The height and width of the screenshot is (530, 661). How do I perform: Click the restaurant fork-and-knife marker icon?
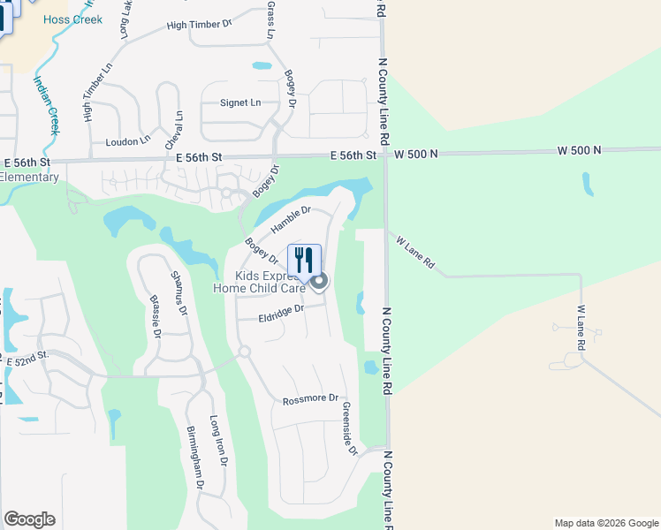pyautogui.click(x=304, y=260)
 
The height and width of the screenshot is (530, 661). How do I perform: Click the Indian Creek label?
pyautogui.click(x=46, y=104)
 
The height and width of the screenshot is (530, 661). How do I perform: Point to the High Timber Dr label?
pyautogui.click(x=198, y=25)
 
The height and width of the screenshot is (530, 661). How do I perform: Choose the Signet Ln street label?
pyautogui.click(x=240, y=102)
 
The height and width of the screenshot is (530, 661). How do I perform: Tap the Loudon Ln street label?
pyautogui.click(x=128, y=141)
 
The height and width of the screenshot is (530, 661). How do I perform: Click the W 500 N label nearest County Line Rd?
pyautogui.click(x=416, y=155)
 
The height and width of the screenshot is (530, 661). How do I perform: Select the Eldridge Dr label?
pyautogui.click(x=281, y=314)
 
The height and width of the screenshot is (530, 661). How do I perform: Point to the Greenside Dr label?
pyautogui.click(x=348, y=429)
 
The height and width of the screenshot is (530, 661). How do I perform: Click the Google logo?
pyautogui.click(x=29, y=519)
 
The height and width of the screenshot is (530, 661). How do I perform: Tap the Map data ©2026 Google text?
pyautogui.click(x=605, y=523)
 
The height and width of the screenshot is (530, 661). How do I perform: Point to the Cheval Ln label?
pyautogui.click(x=172, y=130)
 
